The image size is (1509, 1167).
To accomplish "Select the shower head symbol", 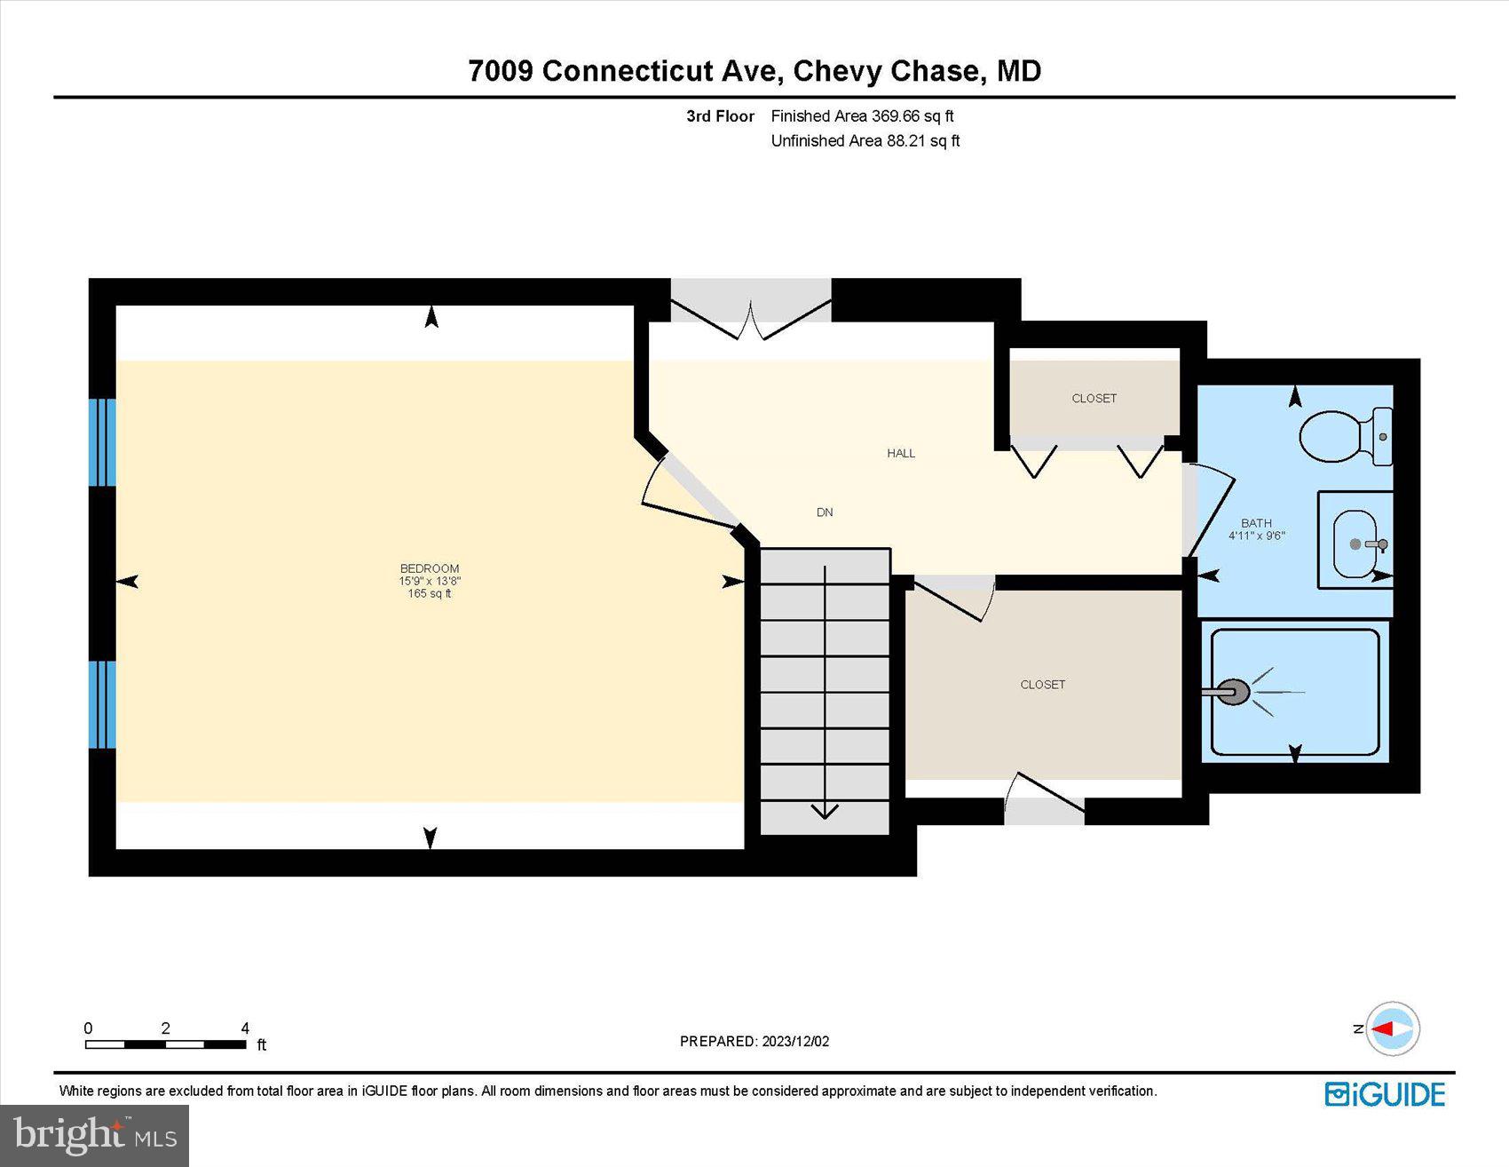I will (x=1233, y=692).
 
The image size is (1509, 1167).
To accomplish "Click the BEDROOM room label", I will (x=430, y=568).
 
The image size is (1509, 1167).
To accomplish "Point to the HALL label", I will (x=901, y=453).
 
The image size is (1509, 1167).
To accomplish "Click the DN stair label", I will (x=825, y=512).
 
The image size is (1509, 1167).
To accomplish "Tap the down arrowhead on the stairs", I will (x=825, y=810).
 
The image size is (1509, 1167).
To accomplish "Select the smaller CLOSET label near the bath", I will (x=1094, y=399).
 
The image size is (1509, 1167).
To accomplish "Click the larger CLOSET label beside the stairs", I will (x=1042, y=685).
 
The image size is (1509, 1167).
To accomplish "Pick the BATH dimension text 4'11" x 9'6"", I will (x=1256, y=536).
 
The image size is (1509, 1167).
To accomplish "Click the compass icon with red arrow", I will (x=1392, y=1028).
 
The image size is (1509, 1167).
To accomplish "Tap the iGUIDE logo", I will (x=1385, y=1094).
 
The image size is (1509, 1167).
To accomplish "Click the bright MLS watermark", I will (x=94, y=1136).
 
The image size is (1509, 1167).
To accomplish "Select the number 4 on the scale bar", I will (x=245, y=1028).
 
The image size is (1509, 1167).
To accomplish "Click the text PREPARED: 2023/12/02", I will (x=754, y=1041).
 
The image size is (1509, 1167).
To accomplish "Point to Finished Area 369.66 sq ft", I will (x=862, y=116).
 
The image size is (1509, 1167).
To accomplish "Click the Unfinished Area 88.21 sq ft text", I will (x=865, y=140).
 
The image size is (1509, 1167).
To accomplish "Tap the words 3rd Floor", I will (x=720, y=116).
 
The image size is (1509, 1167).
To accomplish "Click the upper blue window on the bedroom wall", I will (x=102, y=442).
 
